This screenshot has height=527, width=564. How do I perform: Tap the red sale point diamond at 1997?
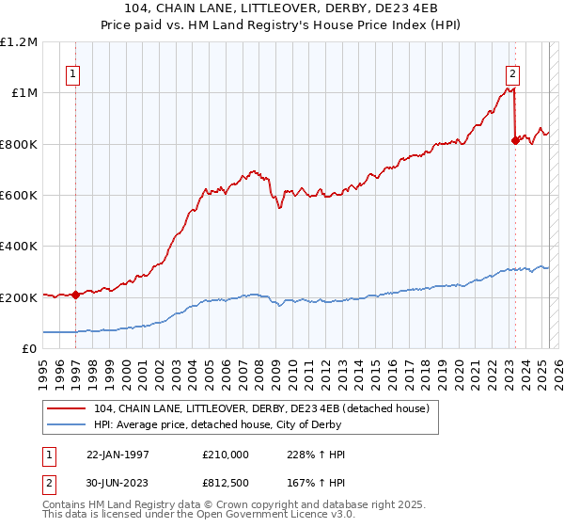(75, 295)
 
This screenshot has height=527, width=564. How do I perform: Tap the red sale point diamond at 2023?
(515, 140)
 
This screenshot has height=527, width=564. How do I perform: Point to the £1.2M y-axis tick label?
(19, 42)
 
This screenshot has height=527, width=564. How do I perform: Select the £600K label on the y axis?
(19, 196)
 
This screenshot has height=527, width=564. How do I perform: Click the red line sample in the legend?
(68, 408)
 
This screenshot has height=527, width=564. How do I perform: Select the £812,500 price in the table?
(225, 484)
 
